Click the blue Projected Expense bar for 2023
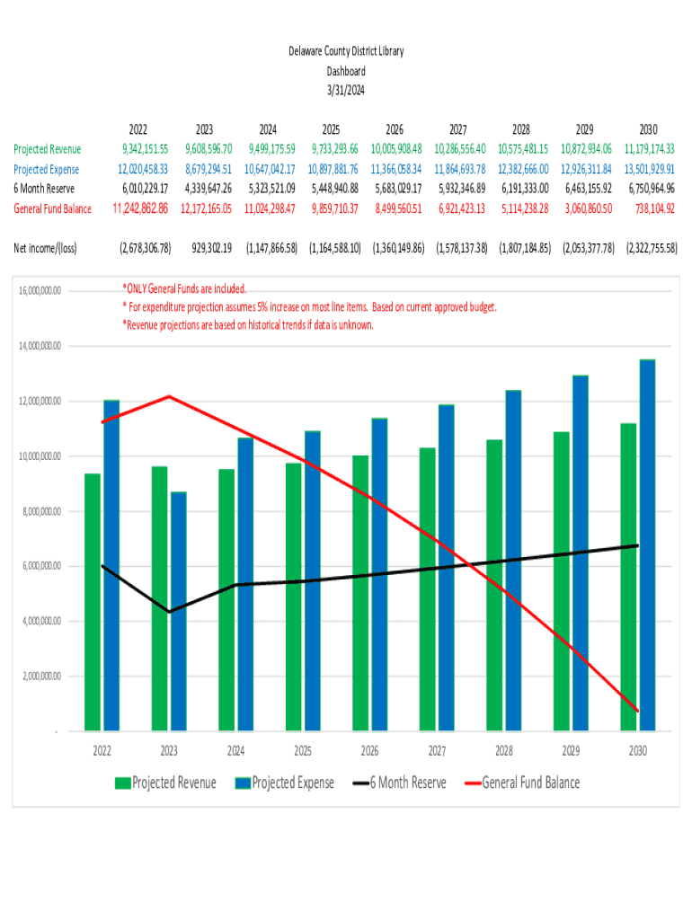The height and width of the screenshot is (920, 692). (x=179, y=611)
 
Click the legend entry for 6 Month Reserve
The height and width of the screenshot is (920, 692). (x=398, y=783)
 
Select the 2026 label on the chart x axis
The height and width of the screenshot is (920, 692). (x=369, y=751)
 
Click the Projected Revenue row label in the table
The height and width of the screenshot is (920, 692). (x=47, y=149)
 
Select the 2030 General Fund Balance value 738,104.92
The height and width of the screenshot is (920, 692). (x=650, y=208)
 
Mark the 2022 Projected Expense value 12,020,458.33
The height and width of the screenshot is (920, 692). (x=144, y=169)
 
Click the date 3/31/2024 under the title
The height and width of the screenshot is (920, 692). (x=346, y=89)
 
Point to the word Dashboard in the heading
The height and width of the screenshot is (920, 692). (x=346, y=71)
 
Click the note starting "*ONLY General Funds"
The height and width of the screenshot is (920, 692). (x=183, y=289)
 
